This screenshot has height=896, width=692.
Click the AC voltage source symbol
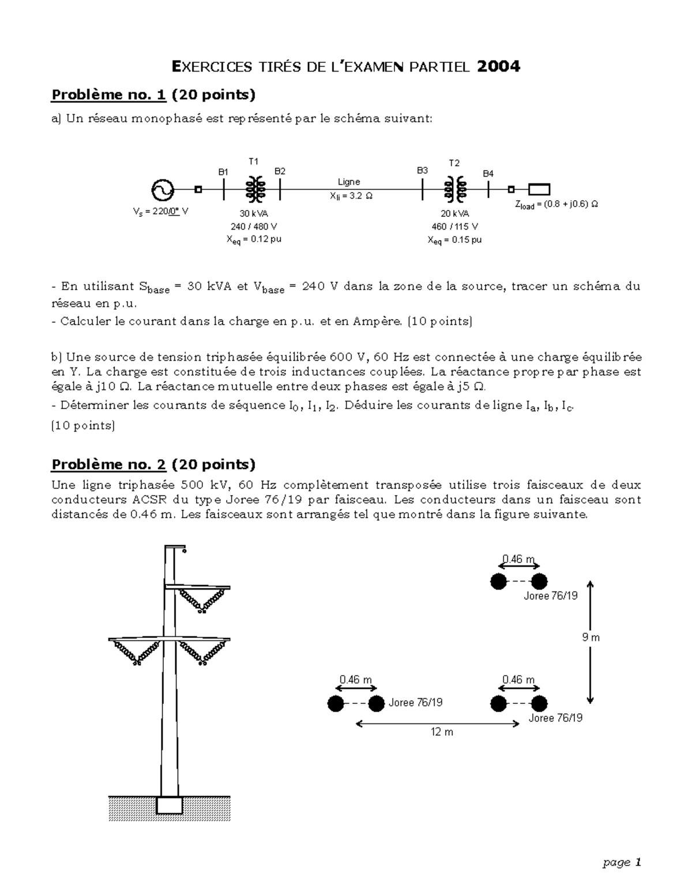click(163, 189)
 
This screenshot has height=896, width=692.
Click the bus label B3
click(422, 170)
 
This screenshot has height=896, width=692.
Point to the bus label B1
click(223, 172)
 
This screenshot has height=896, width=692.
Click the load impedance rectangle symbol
click(539, 189)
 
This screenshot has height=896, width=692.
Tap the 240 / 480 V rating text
click(254, 226)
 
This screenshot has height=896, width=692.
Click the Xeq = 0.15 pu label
click(454, 239)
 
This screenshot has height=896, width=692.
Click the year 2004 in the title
click(498, 67)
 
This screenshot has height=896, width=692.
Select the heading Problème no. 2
click(109, 464)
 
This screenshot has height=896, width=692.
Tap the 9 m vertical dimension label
click(591, 638)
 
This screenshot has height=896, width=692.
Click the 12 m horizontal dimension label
click(442, 732)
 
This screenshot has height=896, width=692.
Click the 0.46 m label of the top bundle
click(518, 558)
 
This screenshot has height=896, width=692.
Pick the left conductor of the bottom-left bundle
click(336, 704)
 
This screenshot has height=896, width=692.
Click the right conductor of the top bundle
click(539, 582)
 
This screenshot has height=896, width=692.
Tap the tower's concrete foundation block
click(170, 805)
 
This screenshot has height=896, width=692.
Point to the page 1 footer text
click(622, 863)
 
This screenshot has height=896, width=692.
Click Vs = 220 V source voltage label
click(160, 212)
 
